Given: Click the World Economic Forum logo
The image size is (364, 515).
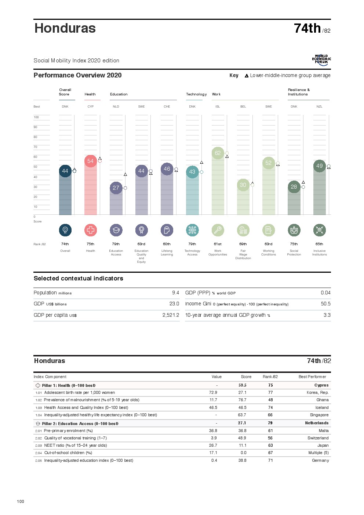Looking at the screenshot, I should pyautogui.click(x=321, y=60).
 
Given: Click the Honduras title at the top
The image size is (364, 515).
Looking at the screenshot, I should pyautogui.click(x=65, y=28).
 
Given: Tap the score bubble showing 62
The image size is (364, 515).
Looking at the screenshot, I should pyautogui.click(x=218, y=153).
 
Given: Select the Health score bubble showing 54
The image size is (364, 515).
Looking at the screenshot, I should pyautogui.click(x=90, y=161).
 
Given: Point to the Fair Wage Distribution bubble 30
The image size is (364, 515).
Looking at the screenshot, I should pyautogui.click(x=243, y=185).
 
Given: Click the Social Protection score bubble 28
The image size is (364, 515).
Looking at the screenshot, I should pyautogui.click(x=294, y=187).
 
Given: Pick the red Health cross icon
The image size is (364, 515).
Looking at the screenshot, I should pyautogui.click(x=91, y=230).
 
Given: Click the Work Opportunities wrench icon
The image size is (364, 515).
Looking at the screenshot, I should pyautogui.click(x=218, y=230).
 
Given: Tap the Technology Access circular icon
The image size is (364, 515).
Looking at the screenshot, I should pyautogui.click(x=192, y=230).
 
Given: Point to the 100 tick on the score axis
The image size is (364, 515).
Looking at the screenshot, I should pyautogui.click(x=36, y=117).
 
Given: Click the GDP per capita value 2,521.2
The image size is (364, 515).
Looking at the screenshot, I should pyautogui.click(x=171, y=315).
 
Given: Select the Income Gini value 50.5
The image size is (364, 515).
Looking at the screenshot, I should pyautogui.click(x=325, y=304).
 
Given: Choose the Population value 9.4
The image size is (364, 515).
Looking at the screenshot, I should pyautogui.click(x=175, y=293).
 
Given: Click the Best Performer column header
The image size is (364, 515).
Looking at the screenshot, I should pyautogui.click(x=312, y=377).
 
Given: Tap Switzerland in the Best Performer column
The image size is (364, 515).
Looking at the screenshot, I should pyautogui.click(x=318, y=438).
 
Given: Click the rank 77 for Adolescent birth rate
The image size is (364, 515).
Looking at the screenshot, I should pyautogui.click(x=270, y=393).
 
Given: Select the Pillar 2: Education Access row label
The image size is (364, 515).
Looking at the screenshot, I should pyautogui.click(x=80, y=424).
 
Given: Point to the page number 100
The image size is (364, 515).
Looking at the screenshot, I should pyautogui.click(x=21, y=501).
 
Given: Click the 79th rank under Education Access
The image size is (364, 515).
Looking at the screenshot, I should pyautogui.click(x=116, y=244).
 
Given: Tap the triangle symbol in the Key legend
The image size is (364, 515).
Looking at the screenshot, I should pyautogui.click(x=247, y=76).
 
